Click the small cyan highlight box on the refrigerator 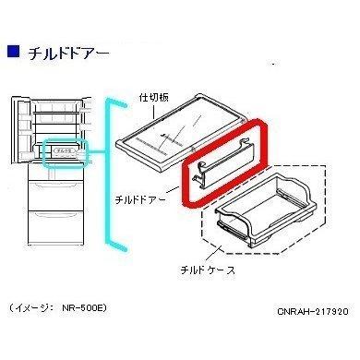[x=64, y=151]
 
